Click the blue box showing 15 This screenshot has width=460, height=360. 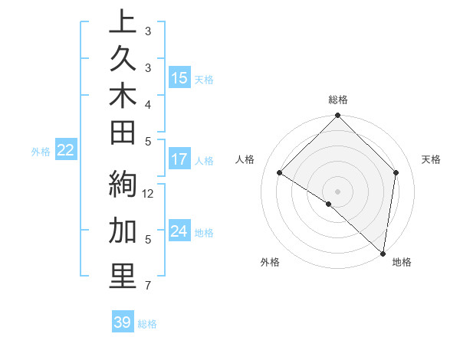(x=179, y=78)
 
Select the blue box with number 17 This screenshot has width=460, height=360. (x=179, y=159)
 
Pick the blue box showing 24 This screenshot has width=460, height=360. (x=179, y=231)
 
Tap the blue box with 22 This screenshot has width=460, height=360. (x=65, y=151)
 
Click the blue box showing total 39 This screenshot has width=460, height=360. (x=123, y=322)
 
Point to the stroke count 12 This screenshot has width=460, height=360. (x=149, y=193)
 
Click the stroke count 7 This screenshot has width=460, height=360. (x=147, y=286)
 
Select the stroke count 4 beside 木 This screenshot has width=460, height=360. (x=147, y=103)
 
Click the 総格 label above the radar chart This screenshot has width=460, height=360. (x=337, y=100)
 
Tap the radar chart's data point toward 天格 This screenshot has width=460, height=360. (x=396, y=172)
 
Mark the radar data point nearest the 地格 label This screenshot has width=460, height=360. (x=383, y=254)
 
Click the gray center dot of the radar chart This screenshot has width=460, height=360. (x=337, y=191)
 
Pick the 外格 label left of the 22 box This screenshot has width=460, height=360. (x=41, y=152)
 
